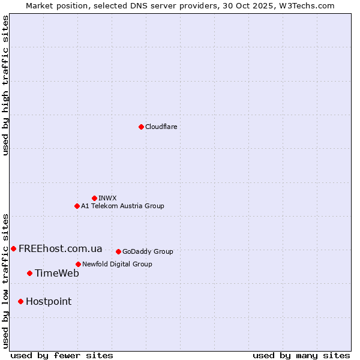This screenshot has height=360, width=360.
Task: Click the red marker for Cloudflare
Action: pyautogui.click(x=141, y=127)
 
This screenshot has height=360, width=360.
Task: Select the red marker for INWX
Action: pyautogui.click(x=94, y=198)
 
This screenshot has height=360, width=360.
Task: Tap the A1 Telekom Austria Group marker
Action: pyautogui.click(x=77, y=206)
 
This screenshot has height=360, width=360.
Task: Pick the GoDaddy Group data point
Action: pyautogui.click(x=118, y=251)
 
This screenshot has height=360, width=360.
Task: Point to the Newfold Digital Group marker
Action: pyautogui.click(x=78, y=264)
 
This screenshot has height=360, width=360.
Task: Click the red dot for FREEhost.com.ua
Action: pyautogui.click(x=13, y=248)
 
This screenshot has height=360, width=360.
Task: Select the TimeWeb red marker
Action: pyautogui.click(x=29, y=273)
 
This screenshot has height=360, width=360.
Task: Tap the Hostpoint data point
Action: pyautogui.click(x=20, y=301)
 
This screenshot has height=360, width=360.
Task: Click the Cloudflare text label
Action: pyautogui.click(x=161, y=127)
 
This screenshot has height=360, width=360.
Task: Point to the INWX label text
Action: pyautogui.click(x=107, y=198)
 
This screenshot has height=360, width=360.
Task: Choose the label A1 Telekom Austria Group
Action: pyautogui.click(x=122, y=206)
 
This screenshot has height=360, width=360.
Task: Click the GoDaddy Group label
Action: pyautogui.click(x=148, y=251)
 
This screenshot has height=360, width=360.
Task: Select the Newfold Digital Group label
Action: pyautogui.click(x=117, y=264)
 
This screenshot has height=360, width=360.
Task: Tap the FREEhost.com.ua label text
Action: pyautogui.click(x=60, y=248)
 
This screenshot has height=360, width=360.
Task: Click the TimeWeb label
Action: pyautogui.click(x=56, y=273)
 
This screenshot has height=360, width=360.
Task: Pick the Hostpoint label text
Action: pyautogui.click(x=48, y=301)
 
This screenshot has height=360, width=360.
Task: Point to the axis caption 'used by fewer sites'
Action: pyautogui.click(x=62, y=355)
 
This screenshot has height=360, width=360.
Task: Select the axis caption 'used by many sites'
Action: pyautogui.click(x=301, y=355)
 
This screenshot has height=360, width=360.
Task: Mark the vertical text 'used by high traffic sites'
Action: pyautogui.click(x=5, y=85)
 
